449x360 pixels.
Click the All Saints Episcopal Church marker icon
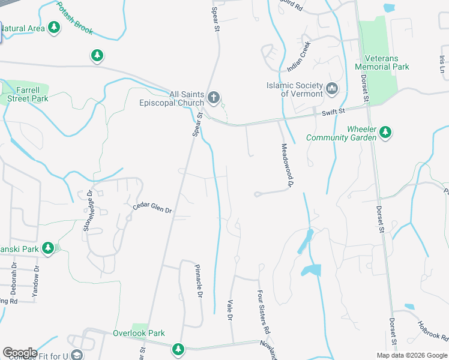tap(213, 97)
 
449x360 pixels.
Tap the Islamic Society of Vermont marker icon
tap(332, 90)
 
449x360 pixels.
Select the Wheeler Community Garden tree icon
tap(385, 132)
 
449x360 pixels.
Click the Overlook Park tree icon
tap(178, 348)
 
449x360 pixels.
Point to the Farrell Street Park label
tap(24, 94)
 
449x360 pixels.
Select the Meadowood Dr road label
tap(286, 167)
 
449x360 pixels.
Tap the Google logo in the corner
tap(19, 353)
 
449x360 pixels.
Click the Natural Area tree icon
tap(55, 28)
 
